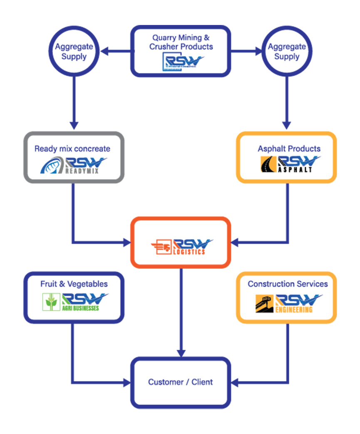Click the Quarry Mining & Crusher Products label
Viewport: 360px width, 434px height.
[x=181, y=42]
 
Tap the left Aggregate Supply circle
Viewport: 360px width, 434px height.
[x=74, y=52]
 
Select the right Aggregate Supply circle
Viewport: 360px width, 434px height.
[x=287, y=52]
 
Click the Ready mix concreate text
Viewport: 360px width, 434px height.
[x=72, y=149]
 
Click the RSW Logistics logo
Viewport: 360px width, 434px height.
[x=181, y=246]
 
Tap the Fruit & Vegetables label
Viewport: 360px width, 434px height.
[x=74, y=284]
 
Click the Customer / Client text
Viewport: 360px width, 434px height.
[x=181, y=382]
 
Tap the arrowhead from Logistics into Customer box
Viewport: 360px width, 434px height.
[x=181, y=352]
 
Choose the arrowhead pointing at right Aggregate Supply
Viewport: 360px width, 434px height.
[x=257, y=52]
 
